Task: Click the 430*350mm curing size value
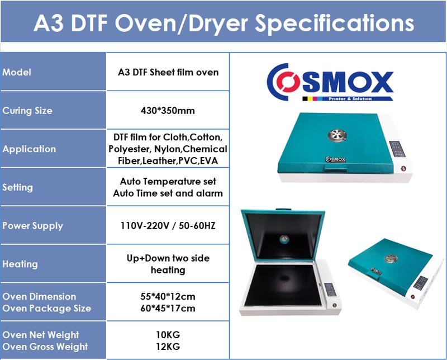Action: pyautogui.click(x=168, y=110)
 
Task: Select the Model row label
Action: pyautogui.click(x=17, y=72)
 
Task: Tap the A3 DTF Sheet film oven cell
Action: pyautogui.click(x=168, y=72)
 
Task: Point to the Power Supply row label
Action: pyautogui.click(x=32, y=226)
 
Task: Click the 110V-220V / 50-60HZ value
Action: pyautogui.click(x=168, y=226)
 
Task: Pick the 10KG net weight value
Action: pyautogui.click(x=168, y=335)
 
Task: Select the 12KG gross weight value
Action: pyautogui.click(x=168, y=347)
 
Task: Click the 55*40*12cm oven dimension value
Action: pyautogui.click(x=168, y=296)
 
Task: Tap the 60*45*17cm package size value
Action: pyautogui.click(x=168, y=309)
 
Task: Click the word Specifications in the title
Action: pyautogui.click(x=334, y=23)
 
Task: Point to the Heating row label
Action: pyautogui.click(x=20, y=264)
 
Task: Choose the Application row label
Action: pyautogui.click(x=29, y=149)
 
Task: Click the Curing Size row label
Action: pyautogui.click(x=27, y=111)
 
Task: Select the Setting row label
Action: pyautogui.click(x=17, y=187)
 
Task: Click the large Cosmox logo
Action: pyautogui.click(x=330, y=82)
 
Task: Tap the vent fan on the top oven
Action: pyautogui.click(x=337, y=135)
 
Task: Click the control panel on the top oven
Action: pyautogui.click(x=397, y=149)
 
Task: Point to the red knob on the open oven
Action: pyautogui.click(x=335, y=305)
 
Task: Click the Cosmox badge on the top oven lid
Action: pyautogui.click(x=336, y=159)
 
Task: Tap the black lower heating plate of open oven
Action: pyautogui.click(x=281, y=285)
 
